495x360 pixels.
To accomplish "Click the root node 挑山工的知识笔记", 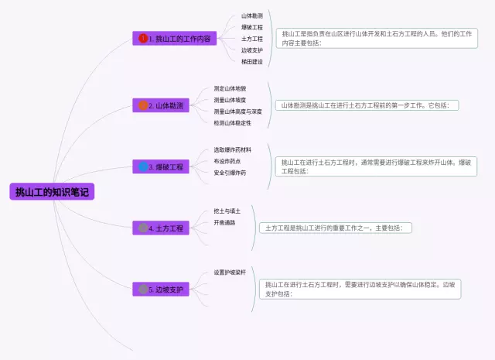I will pyautogui.click(x=52, y=192).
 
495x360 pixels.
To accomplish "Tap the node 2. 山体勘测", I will pyautogui.click(x=162, y=105).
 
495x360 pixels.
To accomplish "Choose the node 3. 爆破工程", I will pyautogui.click(x=162, y=166).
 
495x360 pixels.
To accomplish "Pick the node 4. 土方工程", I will pyautogui.click(x=162, y=228).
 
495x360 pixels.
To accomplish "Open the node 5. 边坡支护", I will pyautogui.click(x=162, y=290).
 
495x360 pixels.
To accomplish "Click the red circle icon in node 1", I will pyautogui.click(x=143, y=38).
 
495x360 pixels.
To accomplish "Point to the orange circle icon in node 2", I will pyautogui.click(x=143, y=105).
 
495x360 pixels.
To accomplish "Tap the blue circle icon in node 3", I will pyautogui.click(x=143, y=166).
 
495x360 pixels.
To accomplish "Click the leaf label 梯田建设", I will pyautogui.click(x=252, y=61).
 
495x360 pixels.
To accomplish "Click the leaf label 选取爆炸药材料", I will pyautogui.click(x=233, y=149).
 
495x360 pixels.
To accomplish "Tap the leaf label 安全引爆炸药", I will pyautogui.click(x=230, y=173).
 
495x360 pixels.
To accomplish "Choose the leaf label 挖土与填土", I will pyautogui.click(x=227, y=211).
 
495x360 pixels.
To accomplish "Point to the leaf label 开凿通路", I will pyautogui.click(x=224, y=222).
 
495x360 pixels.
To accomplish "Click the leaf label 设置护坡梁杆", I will pyautogui.click(x=230, y=273).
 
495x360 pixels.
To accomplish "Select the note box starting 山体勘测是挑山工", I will pyautogui.click(x=367, y=105).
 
